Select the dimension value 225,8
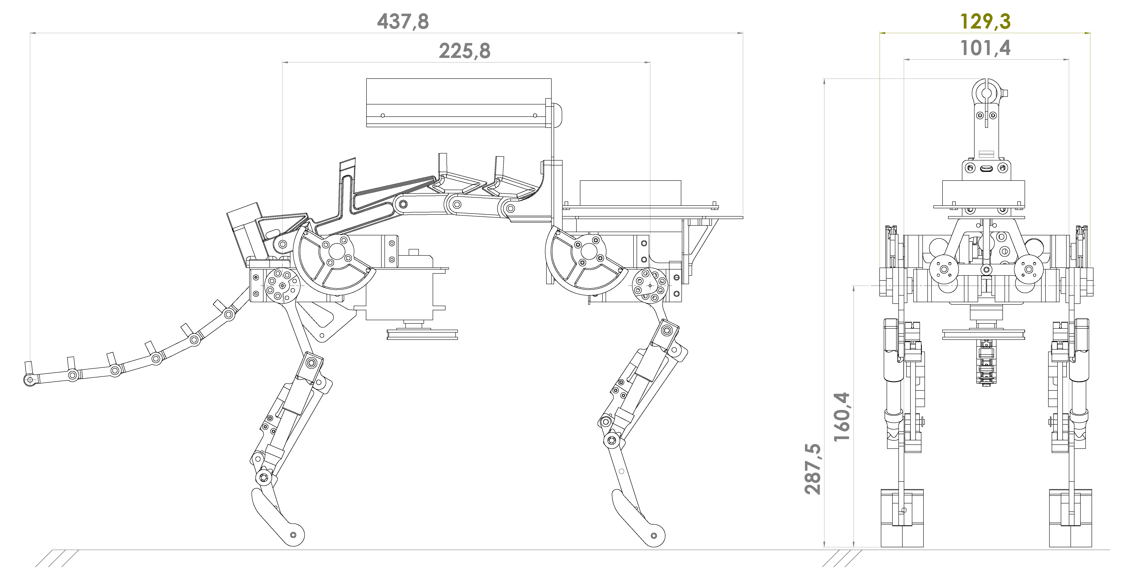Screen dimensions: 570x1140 point(465,51)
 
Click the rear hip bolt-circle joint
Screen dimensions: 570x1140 point(282,285)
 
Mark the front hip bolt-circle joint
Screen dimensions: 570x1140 point(650,285)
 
